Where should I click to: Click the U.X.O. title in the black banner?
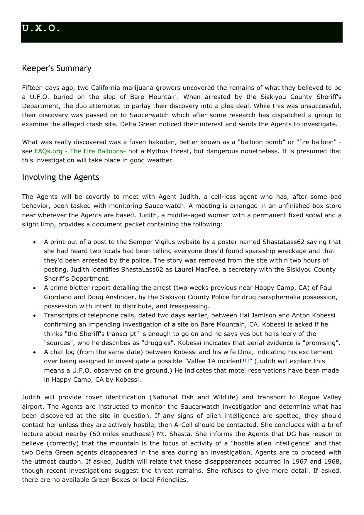point(41,28)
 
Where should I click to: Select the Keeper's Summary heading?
point(57,68)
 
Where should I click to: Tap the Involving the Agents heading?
point(60,177)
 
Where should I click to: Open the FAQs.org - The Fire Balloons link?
point(79,151)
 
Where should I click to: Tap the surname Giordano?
point(57,297)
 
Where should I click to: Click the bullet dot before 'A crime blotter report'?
point(35,288)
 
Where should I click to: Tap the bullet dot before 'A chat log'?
point(35,352)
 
